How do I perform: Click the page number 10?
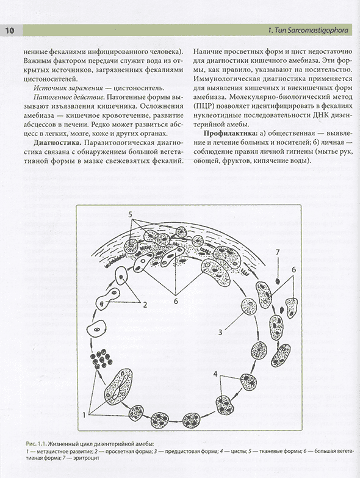(x=9, y=31)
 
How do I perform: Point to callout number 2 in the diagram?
(x=145, y=305)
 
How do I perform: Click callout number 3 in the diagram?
(x=220, y=332)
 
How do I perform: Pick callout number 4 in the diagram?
(x=215, y=374)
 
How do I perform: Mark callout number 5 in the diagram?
(x=130, y=215)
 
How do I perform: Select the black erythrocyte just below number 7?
(x=278, y=281)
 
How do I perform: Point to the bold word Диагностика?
(x=58, y=143)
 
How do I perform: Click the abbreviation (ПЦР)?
(x=203, y=106)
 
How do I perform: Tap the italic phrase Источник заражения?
(x=68, y=88)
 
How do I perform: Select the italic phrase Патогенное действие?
(x=69, y=97)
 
